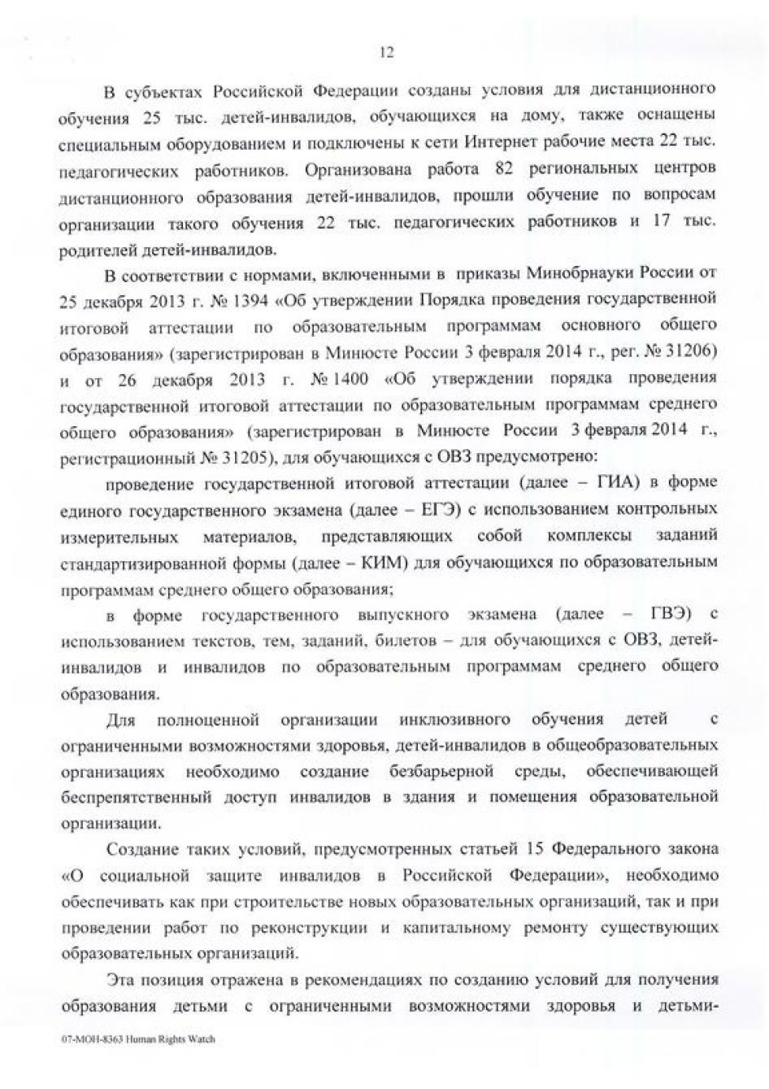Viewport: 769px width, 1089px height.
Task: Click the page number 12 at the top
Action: click(387, 53)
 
